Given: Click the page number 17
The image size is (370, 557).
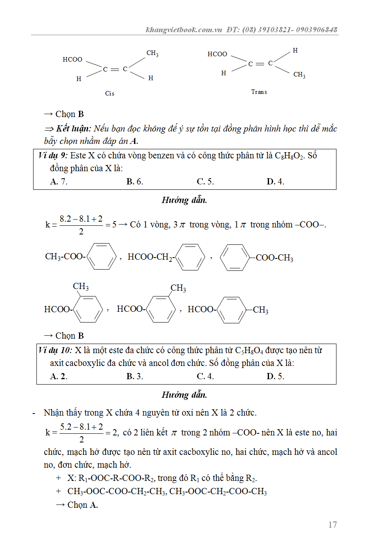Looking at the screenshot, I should pyautogui.click(x=332, y=525).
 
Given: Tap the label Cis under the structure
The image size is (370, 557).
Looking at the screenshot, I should pyautogui.click(x=109, y=93).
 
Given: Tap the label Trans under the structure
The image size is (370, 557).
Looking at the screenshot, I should pyautogui.click(x=259, y=92).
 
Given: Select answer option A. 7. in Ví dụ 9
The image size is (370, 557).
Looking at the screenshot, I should pyautogui.click(x=59, y=182).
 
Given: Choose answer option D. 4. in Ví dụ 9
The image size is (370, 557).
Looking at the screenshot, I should pyautogui.click(x=276, y=182).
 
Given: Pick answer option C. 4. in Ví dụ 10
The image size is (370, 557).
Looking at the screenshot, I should pyautogui.click(x=205, y=376).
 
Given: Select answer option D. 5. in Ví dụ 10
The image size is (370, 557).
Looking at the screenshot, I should pyautogui.click(x=276, y=376).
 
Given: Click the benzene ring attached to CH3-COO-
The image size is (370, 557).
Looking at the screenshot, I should pyautogui.click(x=102, y=257).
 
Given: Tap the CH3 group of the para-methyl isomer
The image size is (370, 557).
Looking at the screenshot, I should pyautogui.click(x=260, y=310).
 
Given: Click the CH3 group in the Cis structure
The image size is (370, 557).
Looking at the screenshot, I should pyautogui.click(x=152, y=53).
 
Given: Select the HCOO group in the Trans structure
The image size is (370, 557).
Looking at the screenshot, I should pyautogui.click(x=217, y=54).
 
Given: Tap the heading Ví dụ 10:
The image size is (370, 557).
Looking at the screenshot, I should pyautogui.click(x=55, y=351).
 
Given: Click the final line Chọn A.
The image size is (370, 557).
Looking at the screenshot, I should pyautogui.click(x=82, y=505).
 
